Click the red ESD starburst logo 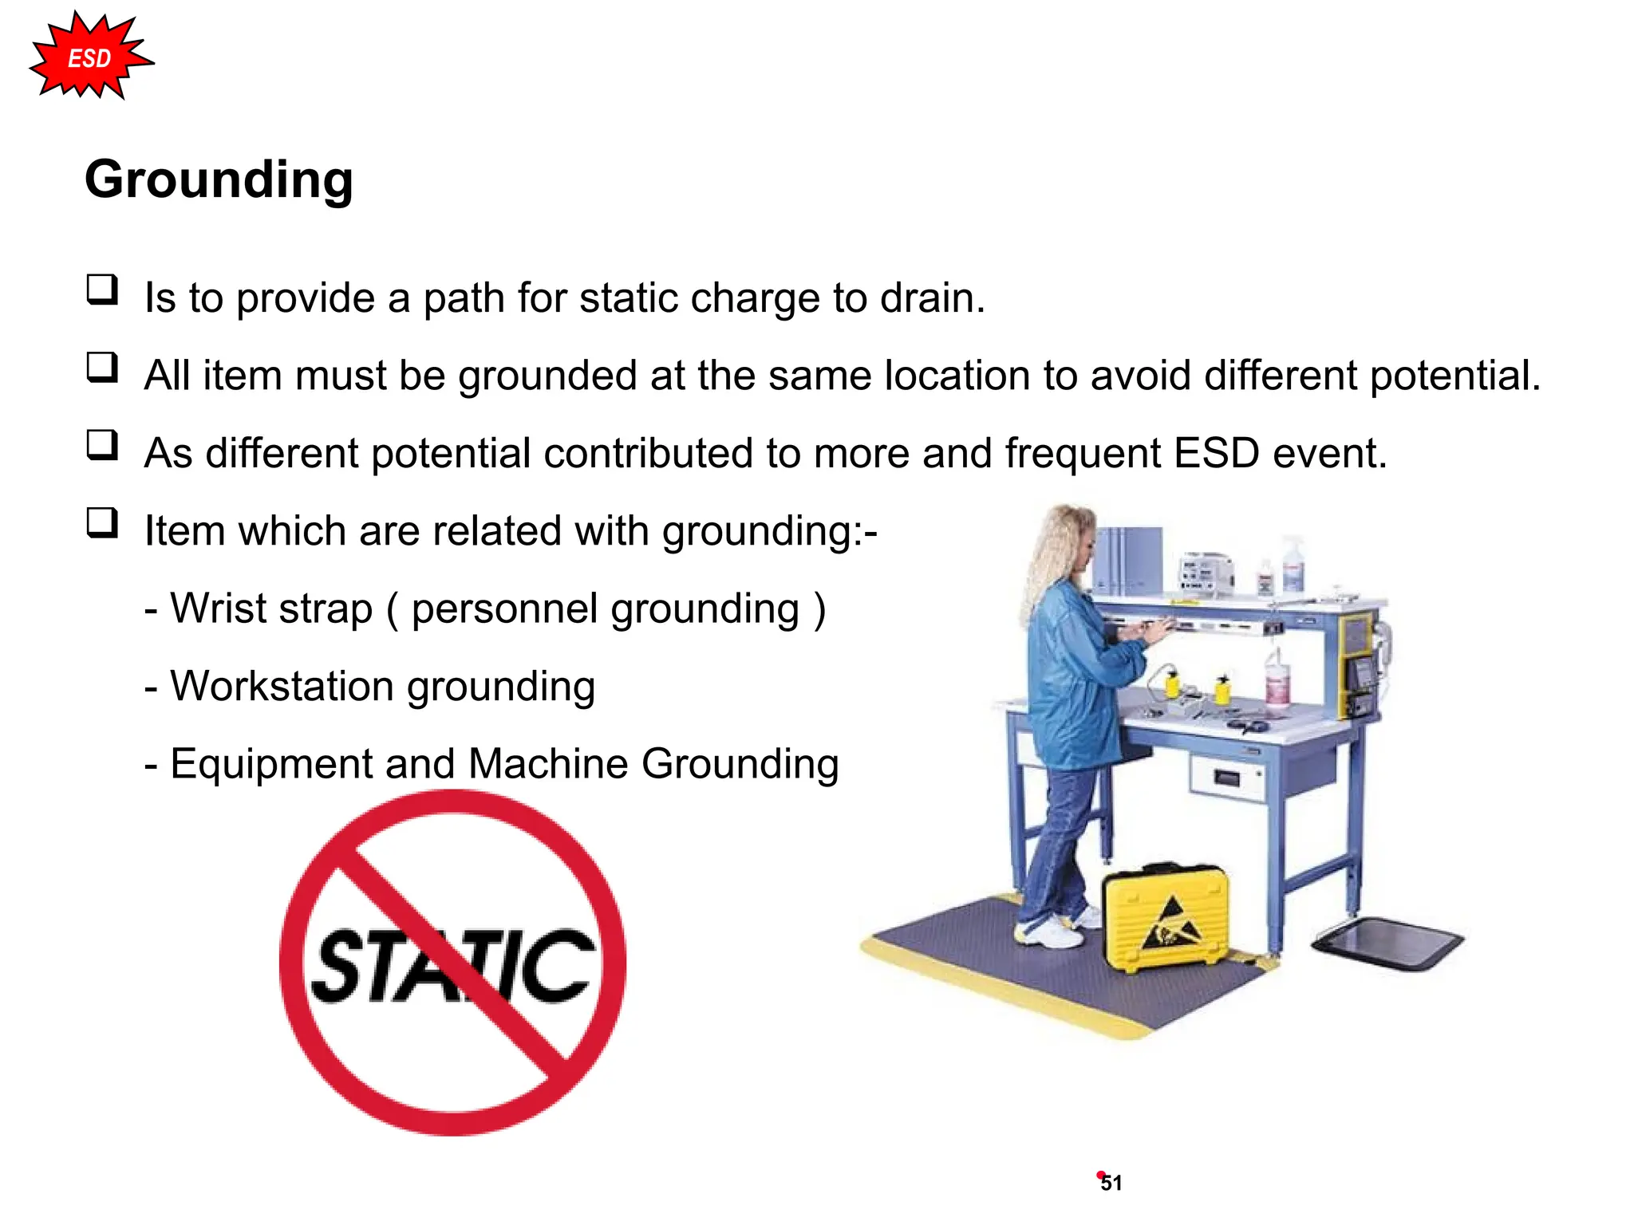coord(90,57)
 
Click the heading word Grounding coord(219,180)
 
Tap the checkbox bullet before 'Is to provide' coord(102,290)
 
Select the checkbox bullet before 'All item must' coord(102,368)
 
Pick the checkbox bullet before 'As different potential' coord(102,445)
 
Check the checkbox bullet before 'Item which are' coord(102,523)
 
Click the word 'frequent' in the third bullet coord(1082,454)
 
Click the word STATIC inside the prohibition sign coord(452,967)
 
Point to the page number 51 coord(1111,1183)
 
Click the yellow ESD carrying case coord(1165,917)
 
